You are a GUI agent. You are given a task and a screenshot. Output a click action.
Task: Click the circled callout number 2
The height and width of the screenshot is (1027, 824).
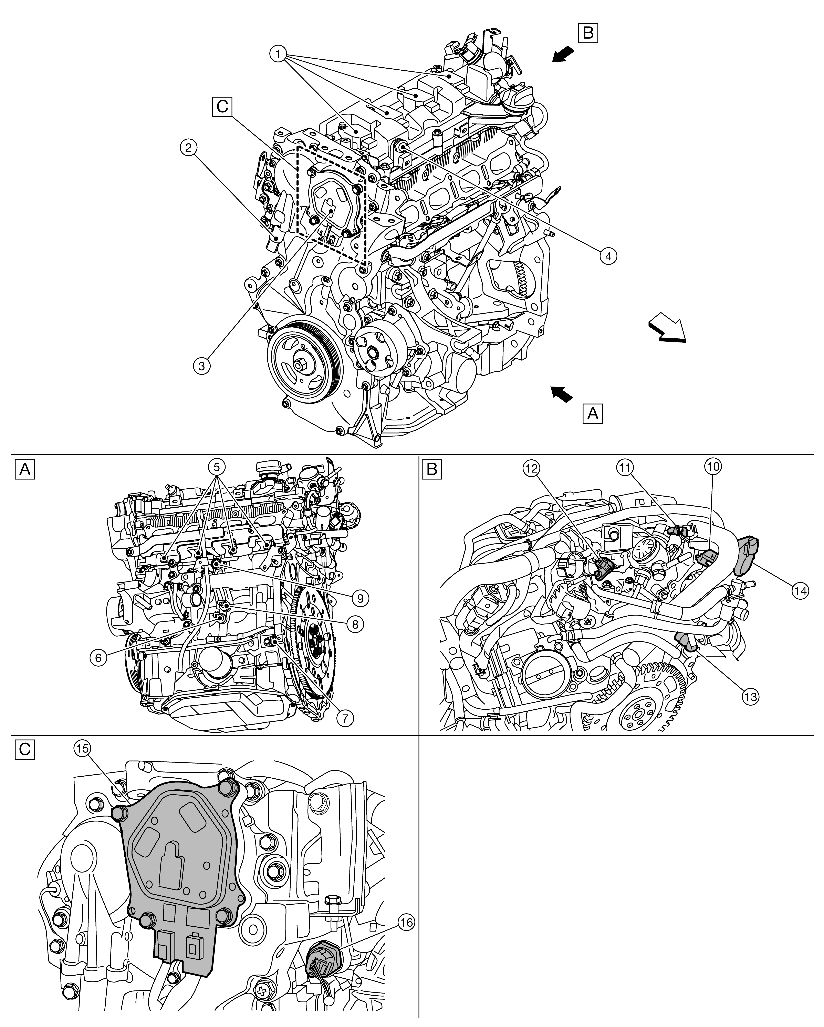[x=189, y=148]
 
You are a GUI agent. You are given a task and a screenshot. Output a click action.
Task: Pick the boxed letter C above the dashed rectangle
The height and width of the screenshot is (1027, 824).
[x=222, y=106]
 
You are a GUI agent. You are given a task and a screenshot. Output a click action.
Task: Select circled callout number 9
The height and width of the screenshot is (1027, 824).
[x=360, y=598]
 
